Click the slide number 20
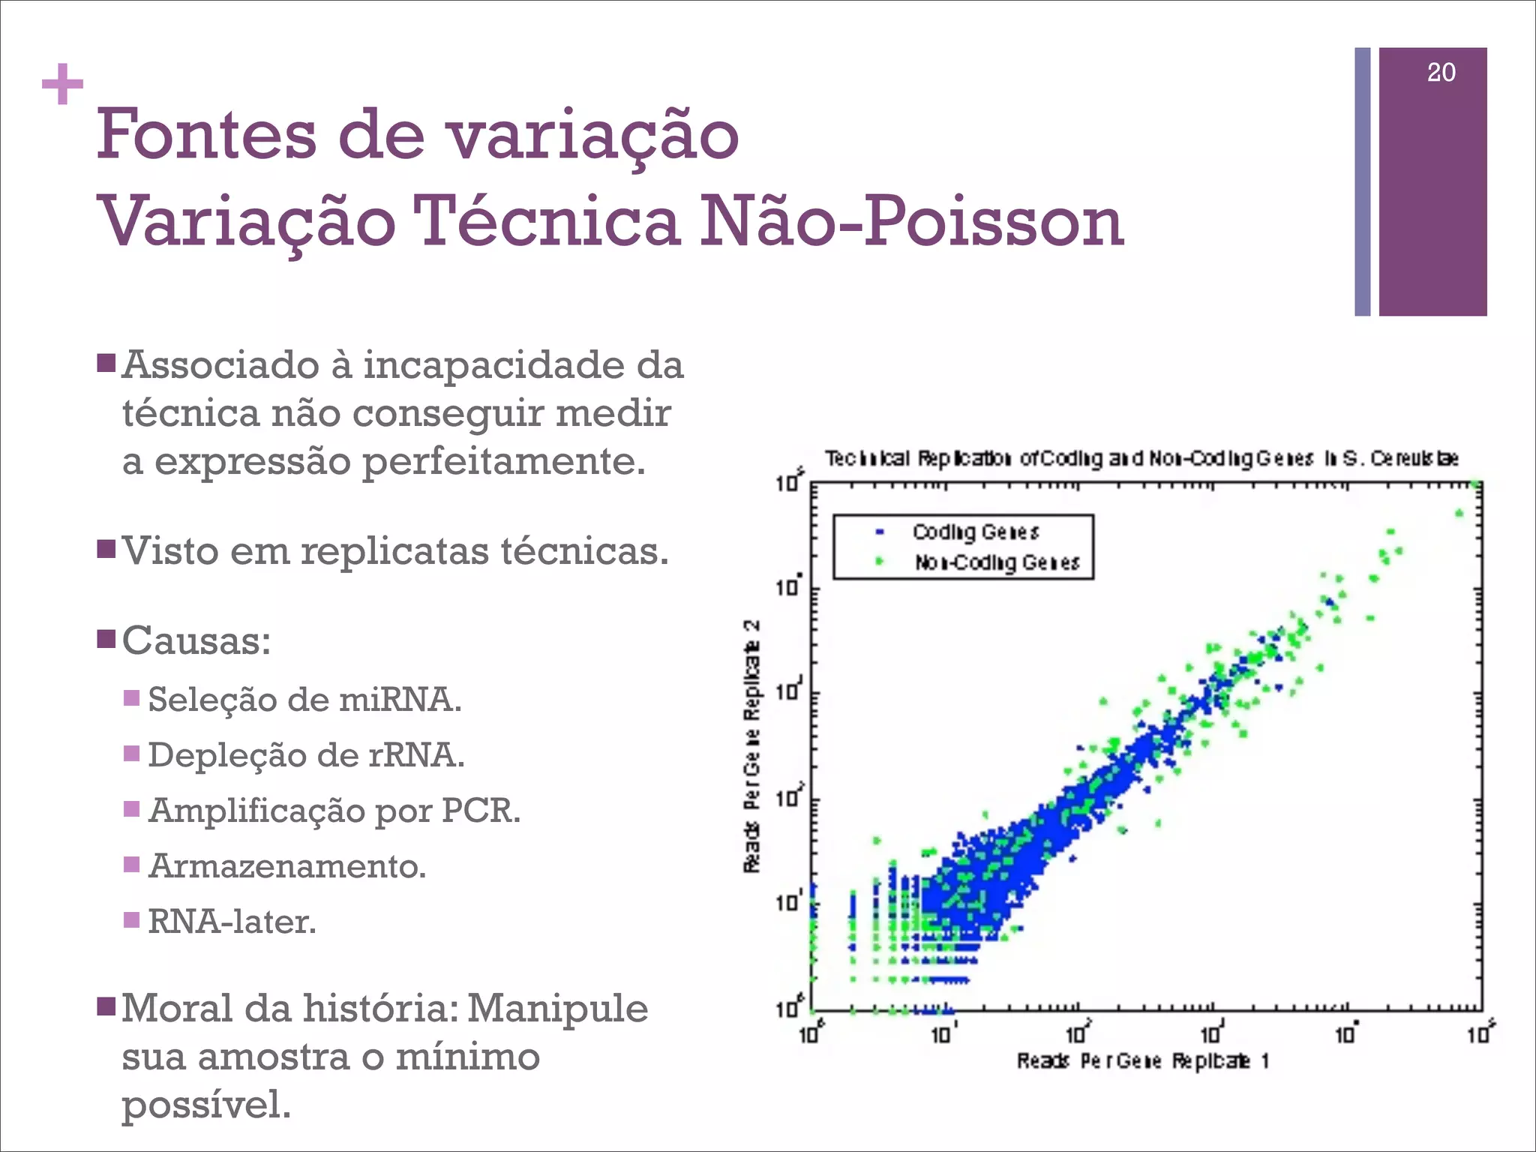point(1441,73)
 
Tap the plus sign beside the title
point(62,85)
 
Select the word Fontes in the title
point(206,135)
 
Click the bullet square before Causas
point(106,640)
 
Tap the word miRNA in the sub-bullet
point(400,700)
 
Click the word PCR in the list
point(480,811)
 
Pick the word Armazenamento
point(287,866)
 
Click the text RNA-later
point(232,922)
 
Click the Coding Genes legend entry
point(975,532)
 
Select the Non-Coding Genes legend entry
point(996,562)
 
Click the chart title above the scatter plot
point(1141,458)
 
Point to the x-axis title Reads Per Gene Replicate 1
point(1142,1060)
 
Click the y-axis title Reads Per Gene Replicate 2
point(751,746)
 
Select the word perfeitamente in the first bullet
point(503,461)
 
